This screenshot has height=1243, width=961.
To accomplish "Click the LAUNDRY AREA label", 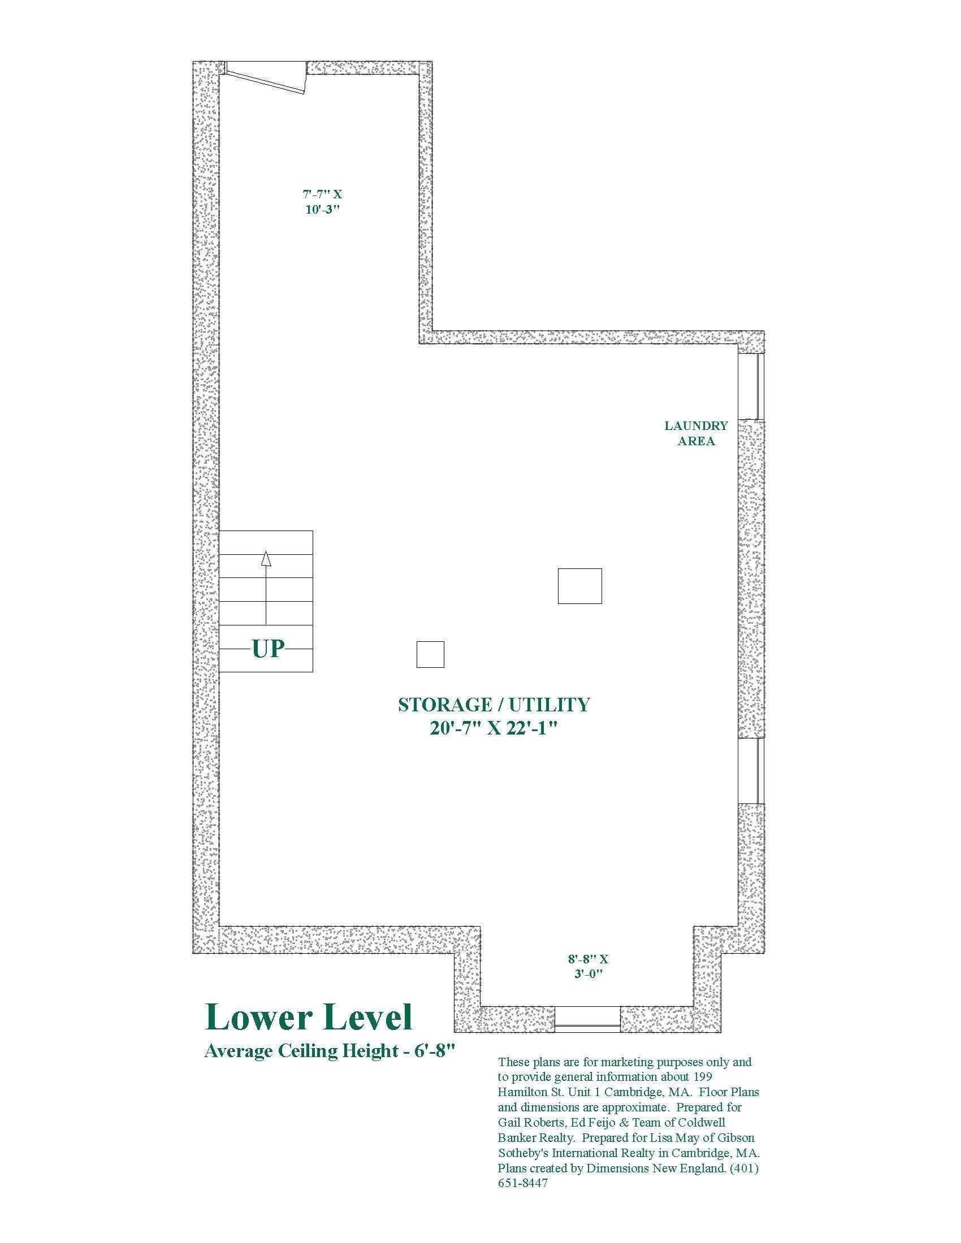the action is tap(696, 433).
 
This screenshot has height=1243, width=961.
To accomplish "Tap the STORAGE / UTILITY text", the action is tap(494, 705).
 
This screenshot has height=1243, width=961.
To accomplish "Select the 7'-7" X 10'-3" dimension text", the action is tap(322, 202).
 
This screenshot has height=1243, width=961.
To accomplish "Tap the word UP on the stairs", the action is tap(268, 649).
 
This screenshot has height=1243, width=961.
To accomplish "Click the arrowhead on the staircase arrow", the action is tap(266, 559).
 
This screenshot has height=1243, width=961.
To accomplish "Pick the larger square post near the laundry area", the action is tap(579, 586).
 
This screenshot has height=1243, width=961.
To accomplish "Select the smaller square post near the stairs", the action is tap(430, 654).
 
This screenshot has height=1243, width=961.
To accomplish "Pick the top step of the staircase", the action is tap(266, 542).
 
